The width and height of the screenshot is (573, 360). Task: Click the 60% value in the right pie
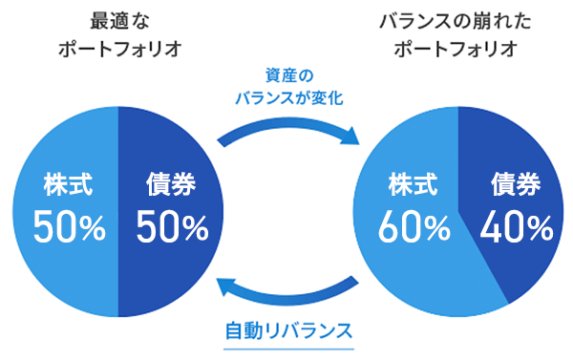tap(414, 227)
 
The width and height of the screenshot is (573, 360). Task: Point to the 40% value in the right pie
tap(518, 227)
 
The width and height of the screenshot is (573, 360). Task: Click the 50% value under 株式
tap(69, 227)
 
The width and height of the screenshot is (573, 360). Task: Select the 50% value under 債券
tap(172, 227)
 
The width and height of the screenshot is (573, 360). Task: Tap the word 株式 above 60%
tap(412, 182)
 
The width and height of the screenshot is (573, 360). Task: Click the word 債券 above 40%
tap(517, 182)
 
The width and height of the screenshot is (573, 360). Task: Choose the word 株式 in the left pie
tap(67, 182)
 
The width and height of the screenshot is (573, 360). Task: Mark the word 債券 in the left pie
tap(171, 182)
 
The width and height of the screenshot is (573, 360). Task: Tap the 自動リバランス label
tap(289, 331)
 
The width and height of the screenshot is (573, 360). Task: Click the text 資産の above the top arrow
tap(288, 74)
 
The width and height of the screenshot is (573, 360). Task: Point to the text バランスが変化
tap(288, 96)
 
